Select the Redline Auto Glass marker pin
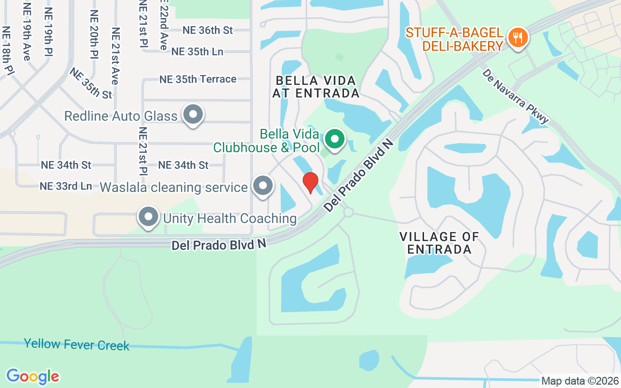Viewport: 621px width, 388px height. click(193, 115)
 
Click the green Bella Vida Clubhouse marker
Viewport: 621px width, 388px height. click(334, 139)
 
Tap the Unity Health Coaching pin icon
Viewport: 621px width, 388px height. click(148, 217)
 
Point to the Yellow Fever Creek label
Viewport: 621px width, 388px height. click(77, 345)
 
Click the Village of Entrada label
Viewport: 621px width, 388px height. click(440, 243)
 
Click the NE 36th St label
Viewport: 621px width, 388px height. click(208, 30)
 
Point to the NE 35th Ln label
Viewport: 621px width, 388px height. click(197, 51)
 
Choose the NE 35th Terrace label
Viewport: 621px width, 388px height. click(198, 79)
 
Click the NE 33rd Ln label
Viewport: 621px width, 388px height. click(65, 186)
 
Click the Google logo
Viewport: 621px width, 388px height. click(33, 376)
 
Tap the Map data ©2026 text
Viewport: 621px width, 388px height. click(580, 381)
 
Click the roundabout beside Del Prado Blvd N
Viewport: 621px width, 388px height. click(348, 212)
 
